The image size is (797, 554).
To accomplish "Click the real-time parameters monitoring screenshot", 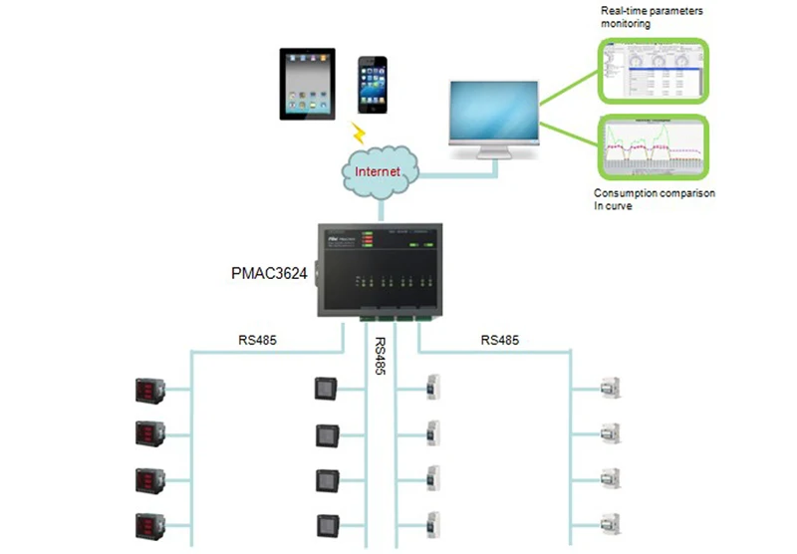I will pos(654,71).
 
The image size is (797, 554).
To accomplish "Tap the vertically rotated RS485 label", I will pos(380,356).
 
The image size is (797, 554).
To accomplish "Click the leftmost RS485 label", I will pos(257,340).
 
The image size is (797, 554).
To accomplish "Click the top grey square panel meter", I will pos(327,388).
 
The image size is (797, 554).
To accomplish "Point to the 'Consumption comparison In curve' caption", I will pos(655,199).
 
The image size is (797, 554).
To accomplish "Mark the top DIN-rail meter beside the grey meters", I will pos(434,388).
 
